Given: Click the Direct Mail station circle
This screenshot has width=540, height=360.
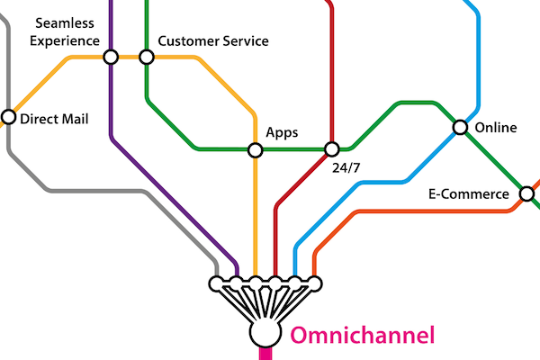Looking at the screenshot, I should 9,117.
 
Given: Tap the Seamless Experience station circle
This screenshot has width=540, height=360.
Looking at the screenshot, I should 111,57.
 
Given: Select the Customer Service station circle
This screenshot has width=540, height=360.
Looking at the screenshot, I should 147,57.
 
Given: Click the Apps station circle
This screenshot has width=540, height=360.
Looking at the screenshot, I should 256,148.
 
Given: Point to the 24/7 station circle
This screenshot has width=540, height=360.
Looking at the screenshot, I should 331,148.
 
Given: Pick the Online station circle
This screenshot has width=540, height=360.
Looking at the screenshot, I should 460,128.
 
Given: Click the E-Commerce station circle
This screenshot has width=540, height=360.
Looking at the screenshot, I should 527,193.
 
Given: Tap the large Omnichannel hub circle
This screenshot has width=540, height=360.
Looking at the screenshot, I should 265,334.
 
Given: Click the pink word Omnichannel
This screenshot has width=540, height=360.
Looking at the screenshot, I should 362,336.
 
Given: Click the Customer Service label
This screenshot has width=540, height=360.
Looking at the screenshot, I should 212,40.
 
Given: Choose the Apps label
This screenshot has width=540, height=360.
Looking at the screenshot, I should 282,132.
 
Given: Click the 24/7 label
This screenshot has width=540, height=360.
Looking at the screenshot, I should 346,167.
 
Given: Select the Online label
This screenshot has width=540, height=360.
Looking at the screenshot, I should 495,128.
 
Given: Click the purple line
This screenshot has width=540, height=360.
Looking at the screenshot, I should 111,108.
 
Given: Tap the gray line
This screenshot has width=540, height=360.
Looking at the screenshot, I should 90,191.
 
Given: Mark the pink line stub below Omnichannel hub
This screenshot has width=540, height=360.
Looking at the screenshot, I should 265,354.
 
